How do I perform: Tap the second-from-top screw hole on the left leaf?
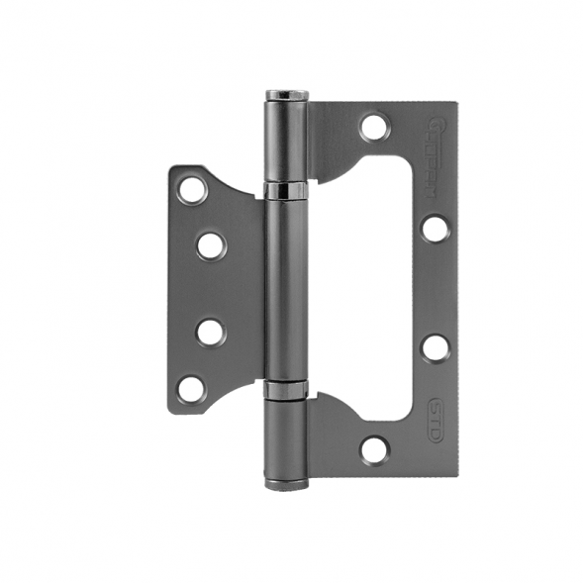pos(211,244)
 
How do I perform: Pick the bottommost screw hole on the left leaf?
pos(191,387)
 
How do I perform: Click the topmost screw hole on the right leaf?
pos(374,128)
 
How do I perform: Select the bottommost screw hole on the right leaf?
pos(374,448)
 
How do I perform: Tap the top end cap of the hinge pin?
pos(286,95)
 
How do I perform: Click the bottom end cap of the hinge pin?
pos(286,482)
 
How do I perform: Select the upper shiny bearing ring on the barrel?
pos(287,189)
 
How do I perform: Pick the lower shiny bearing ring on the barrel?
pos(287,389)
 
